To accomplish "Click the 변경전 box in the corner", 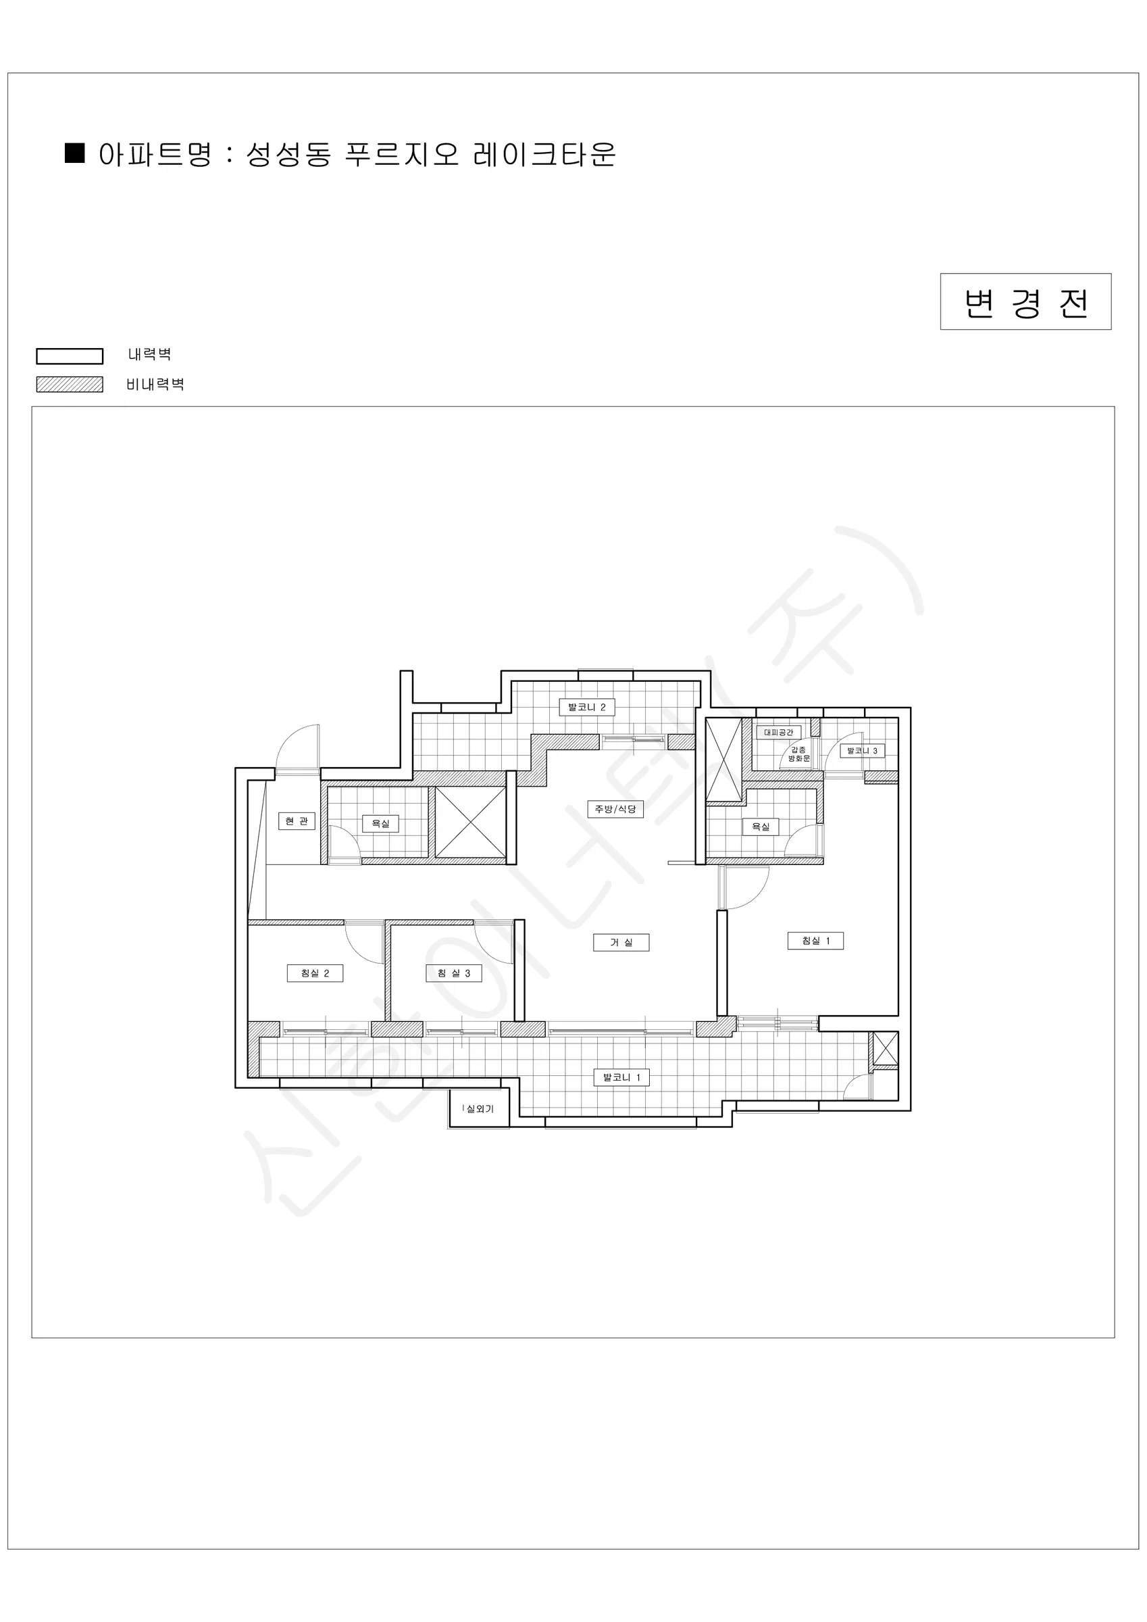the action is pos(1025,301).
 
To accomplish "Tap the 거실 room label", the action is pos(621,942).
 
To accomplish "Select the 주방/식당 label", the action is pos(615,809).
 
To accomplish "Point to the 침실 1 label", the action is pos(816,941).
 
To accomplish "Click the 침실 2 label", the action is pos(315,973).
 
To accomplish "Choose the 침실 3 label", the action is pos(453,973).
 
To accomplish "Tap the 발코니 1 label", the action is pos(621,1077).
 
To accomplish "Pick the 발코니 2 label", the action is pos(587,707).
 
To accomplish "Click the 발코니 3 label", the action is pos(863,751).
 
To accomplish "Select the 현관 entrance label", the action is pos(297,821).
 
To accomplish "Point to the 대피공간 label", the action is pos(779,733).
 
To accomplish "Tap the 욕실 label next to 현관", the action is pos(381,824).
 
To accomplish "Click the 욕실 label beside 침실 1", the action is pos(761,827).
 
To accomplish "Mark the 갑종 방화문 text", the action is pos(799,754).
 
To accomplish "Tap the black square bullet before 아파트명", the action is pos(75,153).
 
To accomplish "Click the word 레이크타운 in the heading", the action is pos(544,154).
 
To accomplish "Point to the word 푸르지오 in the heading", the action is pos(402,154).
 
